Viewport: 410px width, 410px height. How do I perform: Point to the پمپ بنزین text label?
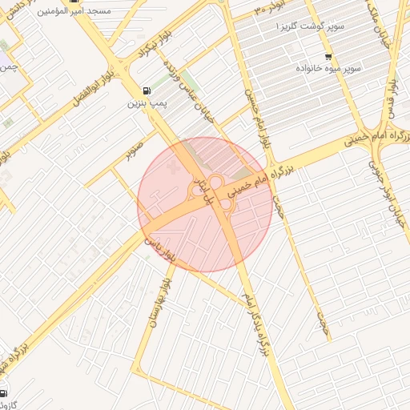(146, 103)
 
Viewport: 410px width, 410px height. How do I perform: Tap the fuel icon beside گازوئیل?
(4, 393)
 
